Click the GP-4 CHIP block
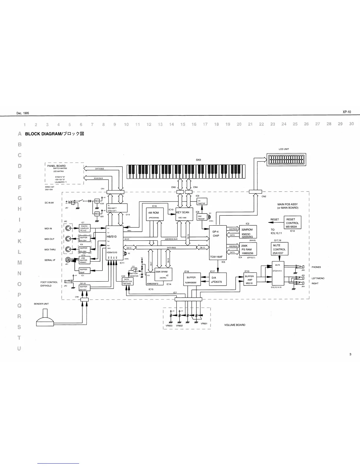click(218, 242)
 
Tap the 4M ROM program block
click(154, 214)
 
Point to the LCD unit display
click(286, 160)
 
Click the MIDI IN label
click(48, 229)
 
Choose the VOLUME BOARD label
click(235, 325)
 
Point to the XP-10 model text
click(347, 112)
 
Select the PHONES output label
click(316, 267)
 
